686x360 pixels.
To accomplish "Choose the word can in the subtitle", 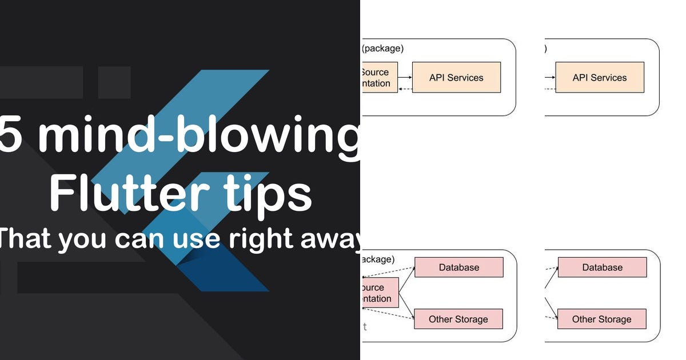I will coord(137,239).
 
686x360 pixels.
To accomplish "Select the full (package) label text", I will coord(382,49).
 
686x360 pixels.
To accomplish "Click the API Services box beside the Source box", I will coord(456,78).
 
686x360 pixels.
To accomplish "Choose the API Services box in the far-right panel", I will coord(600,78).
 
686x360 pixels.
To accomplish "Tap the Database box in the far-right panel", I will coord(602,267).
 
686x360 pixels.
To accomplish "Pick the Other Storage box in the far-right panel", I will coord(602,319).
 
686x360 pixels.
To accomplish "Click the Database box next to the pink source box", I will coord(458,267).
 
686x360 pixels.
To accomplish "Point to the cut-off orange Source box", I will coord(379,78).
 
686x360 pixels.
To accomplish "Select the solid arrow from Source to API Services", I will coord(405,77).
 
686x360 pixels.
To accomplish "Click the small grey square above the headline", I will coord(114,82).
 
